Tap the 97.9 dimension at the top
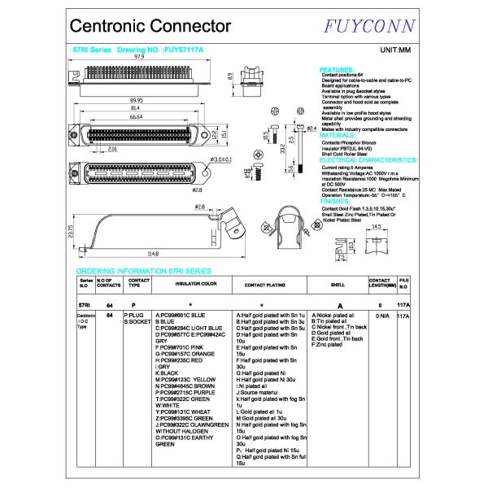139,57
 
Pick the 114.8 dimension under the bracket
152,253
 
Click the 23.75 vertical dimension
72,232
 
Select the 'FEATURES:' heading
338,70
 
